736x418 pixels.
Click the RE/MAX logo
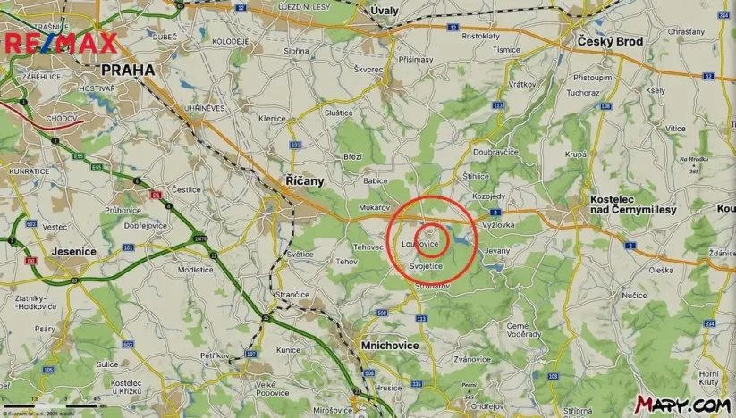61,44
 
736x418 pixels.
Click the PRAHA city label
127,70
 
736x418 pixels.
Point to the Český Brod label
610,43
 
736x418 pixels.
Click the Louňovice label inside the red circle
420,243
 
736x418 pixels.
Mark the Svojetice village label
426,266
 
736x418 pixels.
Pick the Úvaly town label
384,10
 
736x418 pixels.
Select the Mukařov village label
375,207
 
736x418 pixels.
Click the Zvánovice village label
472,359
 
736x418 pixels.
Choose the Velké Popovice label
272,388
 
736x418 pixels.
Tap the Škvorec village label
368,69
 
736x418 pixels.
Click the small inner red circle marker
432,239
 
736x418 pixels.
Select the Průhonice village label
123,210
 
